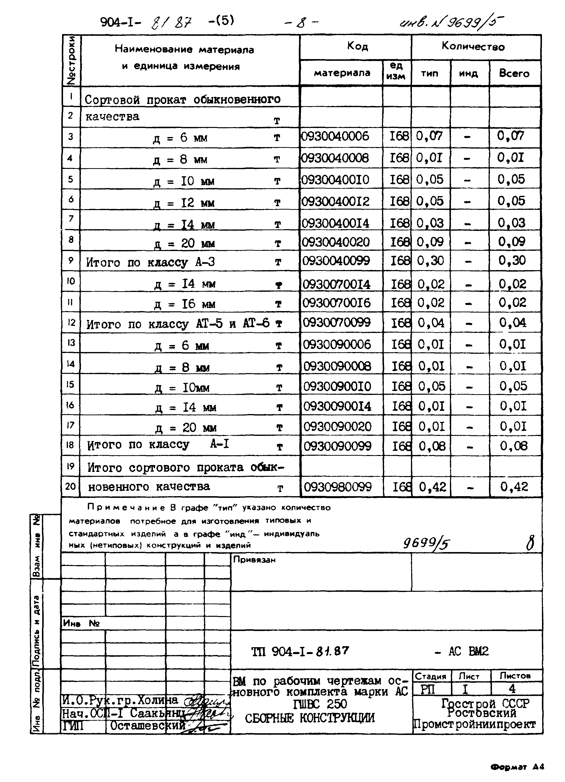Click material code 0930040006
coord(335,137)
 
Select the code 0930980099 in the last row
coord(338,487)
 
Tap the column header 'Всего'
coord(514,74)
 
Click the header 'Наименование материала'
coord(184,50)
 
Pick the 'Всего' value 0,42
coord(514,487)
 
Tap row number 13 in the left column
coord(70,343)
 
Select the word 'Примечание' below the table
coord(126,507)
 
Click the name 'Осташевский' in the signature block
coord(148,726)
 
